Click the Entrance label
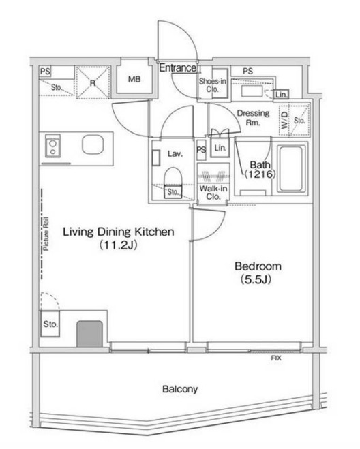point(178,68)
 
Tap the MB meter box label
point(134,79)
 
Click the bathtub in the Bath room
point(291,168)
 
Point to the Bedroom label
point(258,266)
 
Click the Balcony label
point(180,389)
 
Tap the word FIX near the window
point(276,358)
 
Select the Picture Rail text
point(46,234)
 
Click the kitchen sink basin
point(92,144)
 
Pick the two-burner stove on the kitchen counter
point(52,146)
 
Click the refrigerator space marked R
point(92,82)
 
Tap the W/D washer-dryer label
point(284,120)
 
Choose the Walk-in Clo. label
point(213,193)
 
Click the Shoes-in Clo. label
point(213,85)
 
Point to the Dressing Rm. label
point(253,118)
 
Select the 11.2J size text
point(118,245)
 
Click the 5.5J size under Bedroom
point(256,279)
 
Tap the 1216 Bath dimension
point(260,174)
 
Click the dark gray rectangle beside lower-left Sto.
point(89,334)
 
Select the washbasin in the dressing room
point(252,91)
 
